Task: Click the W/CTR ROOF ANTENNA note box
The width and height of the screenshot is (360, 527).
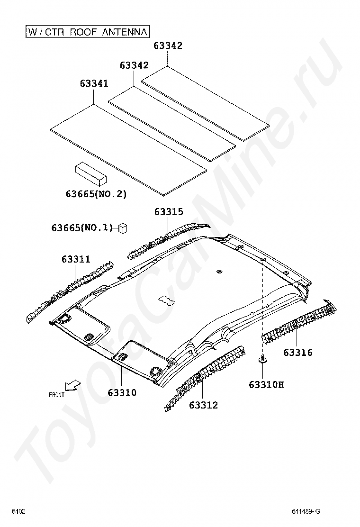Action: point(87,32)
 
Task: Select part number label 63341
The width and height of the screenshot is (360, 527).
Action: point(94,83)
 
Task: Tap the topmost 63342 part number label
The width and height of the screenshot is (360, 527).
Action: point(168,45)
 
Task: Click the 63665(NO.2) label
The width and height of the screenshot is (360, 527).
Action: point(96,194)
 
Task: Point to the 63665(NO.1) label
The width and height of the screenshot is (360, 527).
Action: point(82,227)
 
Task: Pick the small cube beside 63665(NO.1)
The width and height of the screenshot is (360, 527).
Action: point(123,228)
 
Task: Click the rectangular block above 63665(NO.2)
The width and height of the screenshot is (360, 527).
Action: point(90,174)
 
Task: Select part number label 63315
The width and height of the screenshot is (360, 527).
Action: point(169,212)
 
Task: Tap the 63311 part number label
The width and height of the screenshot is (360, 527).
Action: point(76,259)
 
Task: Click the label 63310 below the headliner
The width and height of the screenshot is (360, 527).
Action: point(122,392)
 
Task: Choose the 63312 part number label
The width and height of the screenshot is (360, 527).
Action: point(203,405)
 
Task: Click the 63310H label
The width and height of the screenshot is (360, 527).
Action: point(266,384)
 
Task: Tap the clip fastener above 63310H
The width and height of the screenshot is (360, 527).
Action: point(262,360)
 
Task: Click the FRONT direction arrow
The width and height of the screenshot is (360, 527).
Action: point(73,385)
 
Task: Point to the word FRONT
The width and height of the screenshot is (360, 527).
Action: point(56,395)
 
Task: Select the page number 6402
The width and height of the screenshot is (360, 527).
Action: point(18,511)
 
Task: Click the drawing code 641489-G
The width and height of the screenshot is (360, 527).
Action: point(306,511)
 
